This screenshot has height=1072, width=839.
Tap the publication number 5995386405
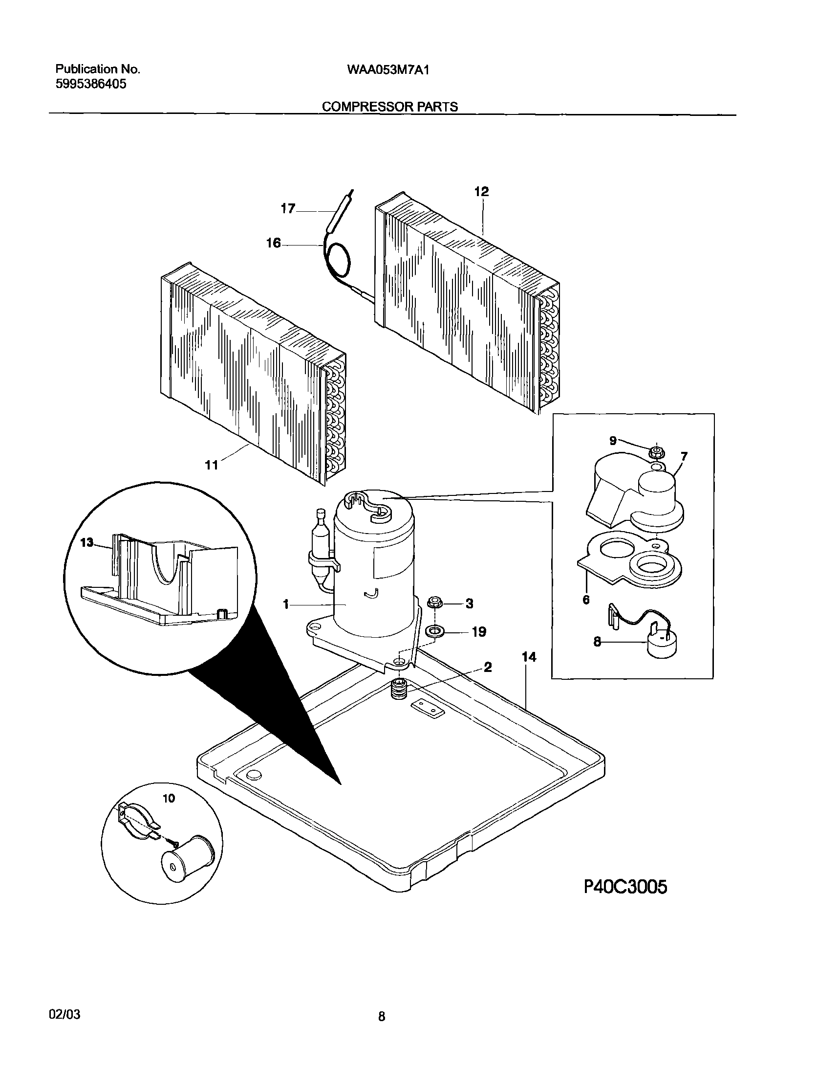click(x=90, y=84)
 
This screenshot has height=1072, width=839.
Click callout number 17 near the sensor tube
click(x=288, y=209)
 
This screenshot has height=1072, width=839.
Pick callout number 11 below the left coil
click(x=212, y=465)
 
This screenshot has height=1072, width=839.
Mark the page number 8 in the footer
click(x=382, y=1017)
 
